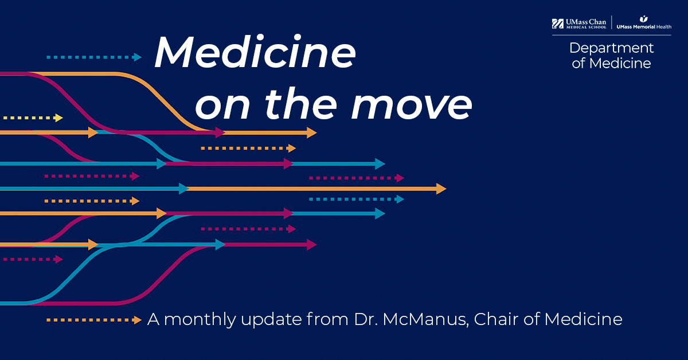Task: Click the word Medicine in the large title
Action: click(255, 52)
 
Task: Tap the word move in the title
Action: click(412, 104)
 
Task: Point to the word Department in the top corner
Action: click(612, 49)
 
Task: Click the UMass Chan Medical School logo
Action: click(579, 24)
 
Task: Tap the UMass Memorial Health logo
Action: click(644, 23)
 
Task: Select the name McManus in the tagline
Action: click(425, 319)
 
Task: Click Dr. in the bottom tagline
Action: click(366, 319)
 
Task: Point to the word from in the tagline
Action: click(327, 319)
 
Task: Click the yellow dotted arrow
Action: click(33, 118)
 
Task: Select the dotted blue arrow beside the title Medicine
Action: click(94, 57)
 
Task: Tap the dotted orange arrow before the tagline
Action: click(94, 320)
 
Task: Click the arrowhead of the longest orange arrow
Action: click(441, 189)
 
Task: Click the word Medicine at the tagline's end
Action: click(583, 319)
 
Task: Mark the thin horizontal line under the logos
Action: click(612, 36)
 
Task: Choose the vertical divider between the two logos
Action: click(612, 22)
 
